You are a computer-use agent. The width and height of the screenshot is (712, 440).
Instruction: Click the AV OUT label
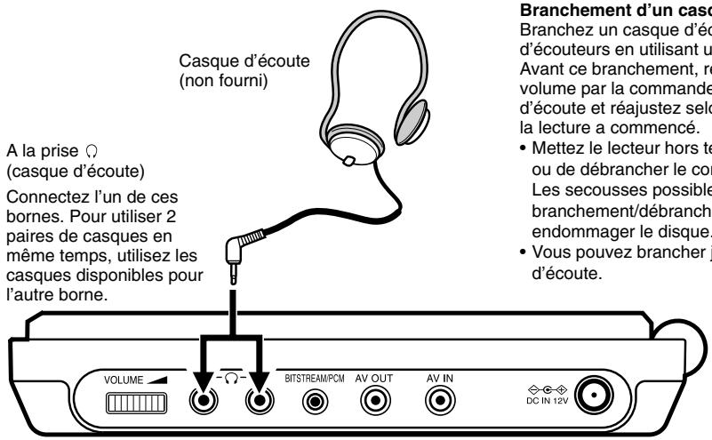point(374,377)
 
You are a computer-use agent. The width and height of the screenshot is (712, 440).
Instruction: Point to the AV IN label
point(439,377)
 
